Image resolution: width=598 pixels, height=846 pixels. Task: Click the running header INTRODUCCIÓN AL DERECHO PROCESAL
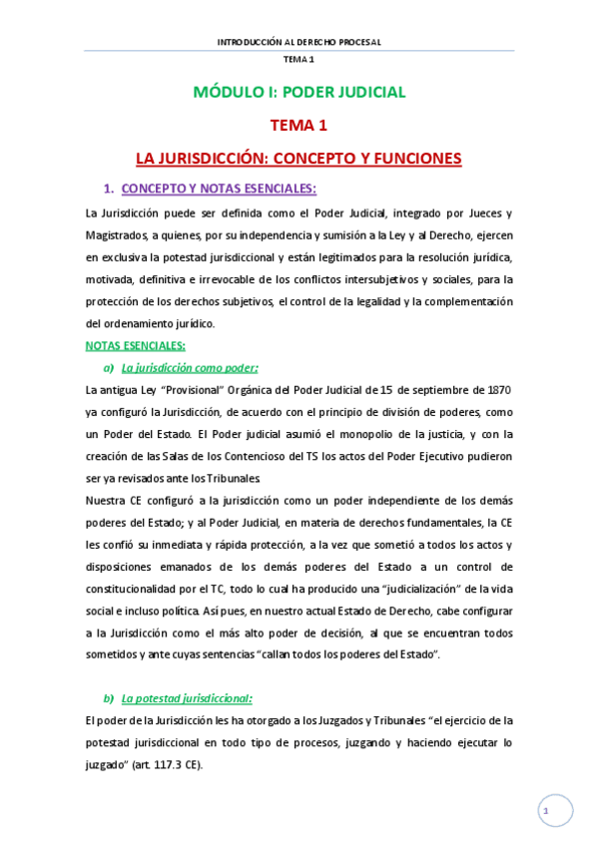[x=299, y=42]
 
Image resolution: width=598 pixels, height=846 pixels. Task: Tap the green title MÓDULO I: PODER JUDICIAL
[x=299, y=93]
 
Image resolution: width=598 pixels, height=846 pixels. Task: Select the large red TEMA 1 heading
[x=299, y=126]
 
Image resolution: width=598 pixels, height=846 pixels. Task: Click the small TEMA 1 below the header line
[x=299, y=60]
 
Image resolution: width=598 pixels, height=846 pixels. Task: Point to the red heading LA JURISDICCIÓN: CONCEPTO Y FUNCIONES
[x=299, y=158]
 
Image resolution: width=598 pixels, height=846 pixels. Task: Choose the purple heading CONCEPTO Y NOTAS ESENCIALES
[x=219, y=188]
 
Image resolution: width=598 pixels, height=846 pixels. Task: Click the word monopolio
[x=319, y=434]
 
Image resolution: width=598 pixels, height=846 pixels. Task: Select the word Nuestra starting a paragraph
[x=110, y=500]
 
